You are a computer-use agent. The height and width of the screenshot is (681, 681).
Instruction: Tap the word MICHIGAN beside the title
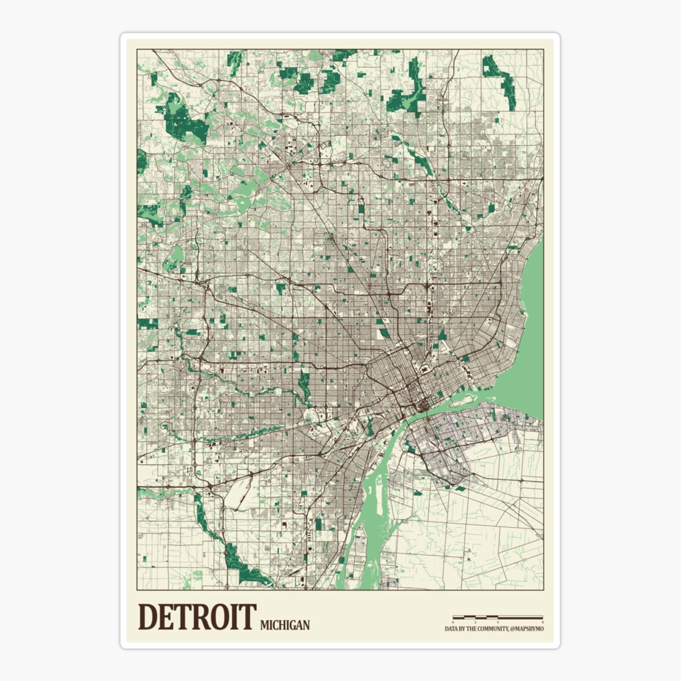(285, 625)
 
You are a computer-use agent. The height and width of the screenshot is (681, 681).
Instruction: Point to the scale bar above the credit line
(497, 617)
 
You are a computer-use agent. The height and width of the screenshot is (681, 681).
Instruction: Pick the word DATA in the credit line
(451, 629)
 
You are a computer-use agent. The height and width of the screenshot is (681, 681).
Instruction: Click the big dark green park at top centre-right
(409, 94)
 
